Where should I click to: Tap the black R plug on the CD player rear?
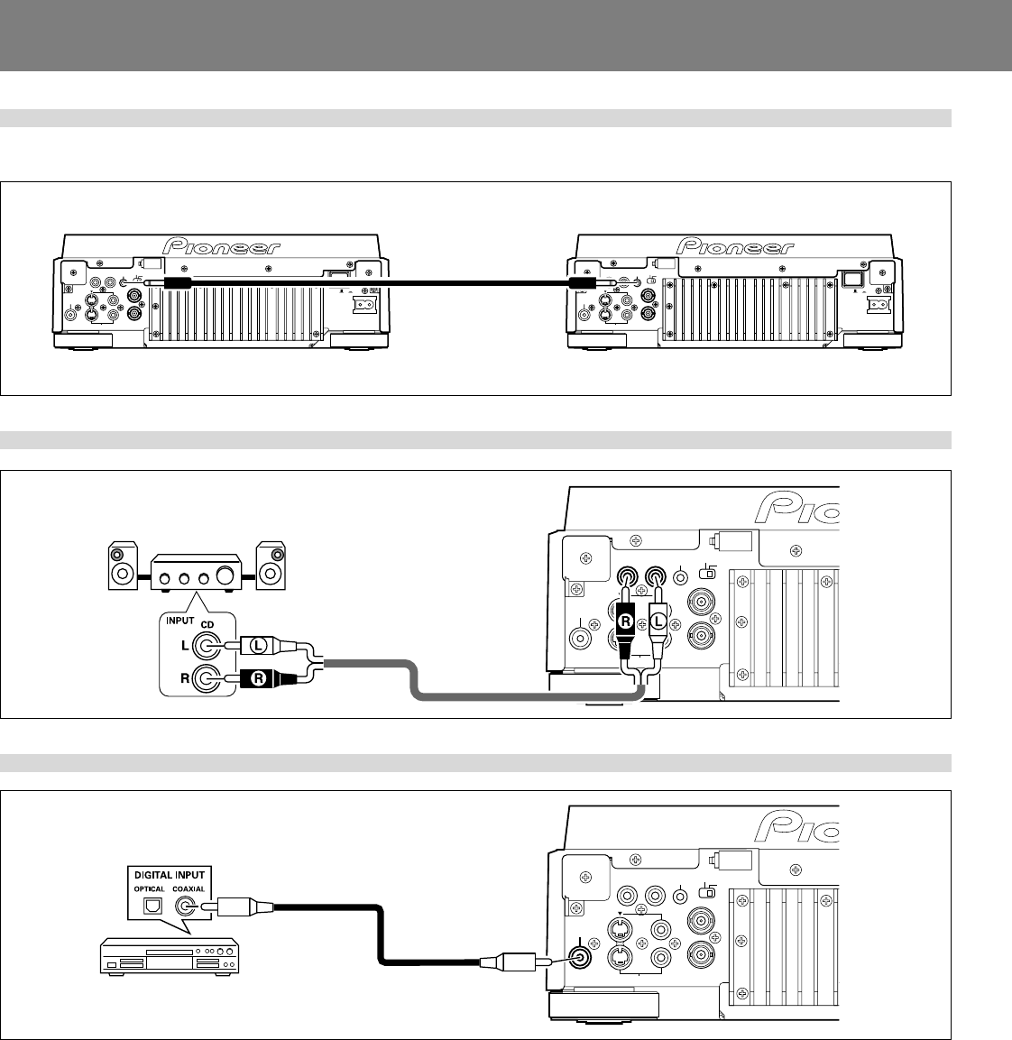pos(626,621)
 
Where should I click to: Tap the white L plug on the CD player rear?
pos(659,621)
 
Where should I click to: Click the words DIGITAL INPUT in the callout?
pos(170,874)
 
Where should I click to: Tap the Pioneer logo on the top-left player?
pos(220,247)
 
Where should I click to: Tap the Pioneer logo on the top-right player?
pos(735,247)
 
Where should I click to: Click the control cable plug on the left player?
pos(174,283)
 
